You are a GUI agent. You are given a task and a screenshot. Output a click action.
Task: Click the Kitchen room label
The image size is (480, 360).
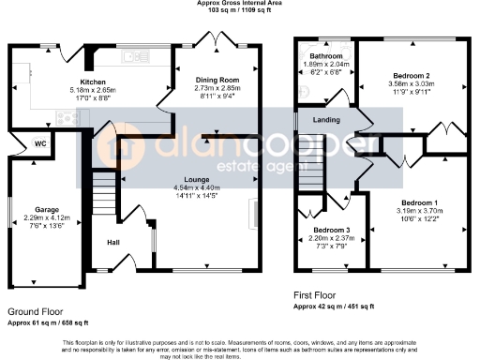[x=93, y=82]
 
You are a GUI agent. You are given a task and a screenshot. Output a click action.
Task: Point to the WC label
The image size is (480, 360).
[x=40, y=143]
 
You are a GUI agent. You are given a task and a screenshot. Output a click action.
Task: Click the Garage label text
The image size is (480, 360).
[x=47, y=209]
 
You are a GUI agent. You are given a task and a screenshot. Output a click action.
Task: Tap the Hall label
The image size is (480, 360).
[x=112, y=242]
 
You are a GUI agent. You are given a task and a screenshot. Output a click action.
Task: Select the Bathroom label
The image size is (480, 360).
[x=326, y=56]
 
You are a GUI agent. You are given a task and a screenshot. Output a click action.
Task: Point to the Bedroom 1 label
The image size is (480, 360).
[x=419, y=203]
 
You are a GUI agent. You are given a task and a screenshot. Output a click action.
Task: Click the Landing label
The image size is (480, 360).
[x=325, y=119]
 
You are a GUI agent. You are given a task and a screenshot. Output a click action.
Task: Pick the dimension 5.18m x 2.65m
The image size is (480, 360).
[x=93, y=90]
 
